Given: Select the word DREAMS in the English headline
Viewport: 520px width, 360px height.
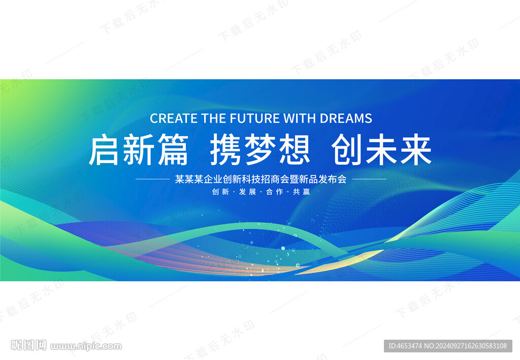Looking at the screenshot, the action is [346, 118].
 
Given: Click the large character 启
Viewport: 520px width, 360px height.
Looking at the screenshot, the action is [104, 149].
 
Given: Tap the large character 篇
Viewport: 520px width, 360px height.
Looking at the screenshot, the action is [173, 149].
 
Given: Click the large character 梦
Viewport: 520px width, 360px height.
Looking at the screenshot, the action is [261, 149].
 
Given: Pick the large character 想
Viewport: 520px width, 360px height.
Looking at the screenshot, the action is [295, 149].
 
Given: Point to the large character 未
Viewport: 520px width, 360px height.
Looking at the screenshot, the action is [382, 149].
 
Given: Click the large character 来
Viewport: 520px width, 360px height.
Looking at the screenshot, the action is [416, 149].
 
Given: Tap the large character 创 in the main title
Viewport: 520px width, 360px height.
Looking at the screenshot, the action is [347, 149].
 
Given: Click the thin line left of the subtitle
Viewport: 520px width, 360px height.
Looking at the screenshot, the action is [152, 179].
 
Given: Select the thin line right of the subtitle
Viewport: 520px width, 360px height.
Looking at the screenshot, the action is [369, 179].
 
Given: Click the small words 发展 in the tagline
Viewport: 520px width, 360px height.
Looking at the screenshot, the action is [247, 191].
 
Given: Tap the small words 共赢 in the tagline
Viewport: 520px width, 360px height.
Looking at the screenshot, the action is [302, 191].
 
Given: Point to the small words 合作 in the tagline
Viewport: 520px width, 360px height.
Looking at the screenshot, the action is [275, 191].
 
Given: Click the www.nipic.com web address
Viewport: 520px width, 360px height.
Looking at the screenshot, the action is [86, 346].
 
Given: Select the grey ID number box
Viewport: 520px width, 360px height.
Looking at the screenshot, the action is [448, 346].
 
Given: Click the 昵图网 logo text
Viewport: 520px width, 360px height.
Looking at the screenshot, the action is [28, 345].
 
